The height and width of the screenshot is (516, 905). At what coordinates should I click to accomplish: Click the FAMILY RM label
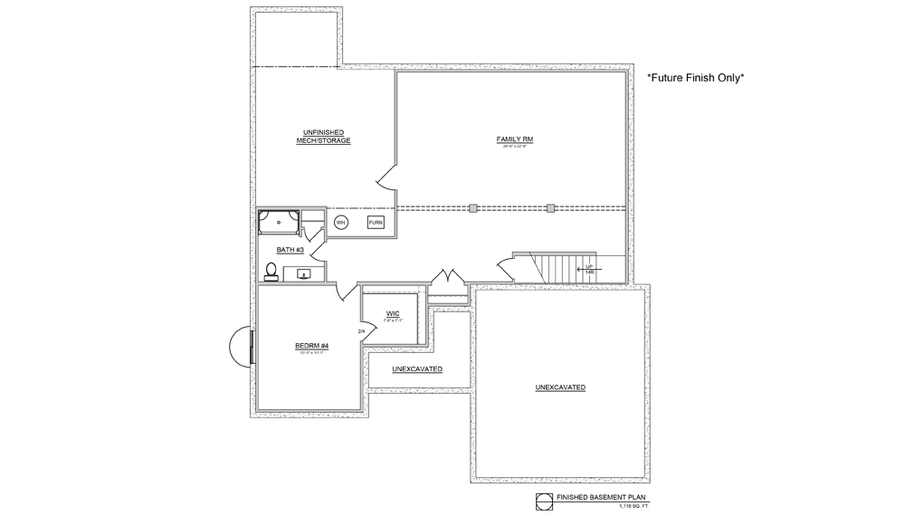pos(515,139)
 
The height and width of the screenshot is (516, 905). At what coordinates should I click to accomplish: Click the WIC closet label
pos(393,313)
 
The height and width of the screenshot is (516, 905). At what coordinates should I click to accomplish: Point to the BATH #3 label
pos(291,250)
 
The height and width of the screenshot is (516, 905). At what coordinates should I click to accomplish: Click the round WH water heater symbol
pos(341,223)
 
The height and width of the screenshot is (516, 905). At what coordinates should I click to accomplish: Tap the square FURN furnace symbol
pos(376,223)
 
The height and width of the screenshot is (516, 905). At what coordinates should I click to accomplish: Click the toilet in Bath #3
pos(271,270)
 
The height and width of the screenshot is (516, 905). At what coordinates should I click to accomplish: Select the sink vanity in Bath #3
pos(304,273)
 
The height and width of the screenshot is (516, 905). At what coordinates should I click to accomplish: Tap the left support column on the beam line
pos(472,208)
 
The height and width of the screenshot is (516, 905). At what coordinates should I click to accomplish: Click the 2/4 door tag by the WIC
pos(362,331)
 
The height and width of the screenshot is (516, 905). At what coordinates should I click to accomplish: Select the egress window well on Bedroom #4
pos(241,345)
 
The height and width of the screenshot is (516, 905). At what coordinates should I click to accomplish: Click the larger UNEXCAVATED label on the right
pos(560,387)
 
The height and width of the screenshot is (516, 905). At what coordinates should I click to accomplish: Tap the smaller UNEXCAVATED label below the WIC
pos(416,369)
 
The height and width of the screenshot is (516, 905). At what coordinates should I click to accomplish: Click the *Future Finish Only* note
pos(695,79)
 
